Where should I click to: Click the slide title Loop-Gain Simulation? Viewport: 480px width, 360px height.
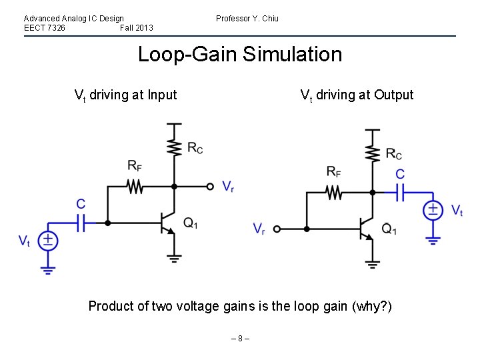coord(239,54)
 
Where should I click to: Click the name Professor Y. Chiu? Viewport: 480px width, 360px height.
coord(247,19)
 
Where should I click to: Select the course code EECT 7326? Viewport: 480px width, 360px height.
coord(45,28)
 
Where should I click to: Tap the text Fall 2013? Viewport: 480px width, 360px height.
coord(137,28)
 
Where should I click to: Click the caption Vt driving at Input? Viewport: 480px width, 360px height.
coord(125,95)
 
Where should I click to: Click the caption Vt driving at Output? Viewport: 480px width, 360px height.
coord(357,95)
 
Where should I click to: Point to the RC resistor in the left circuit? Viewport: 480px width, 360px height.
coord(174,147)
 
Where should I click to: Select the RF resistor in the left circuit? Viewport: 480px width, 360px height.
coord(135,186)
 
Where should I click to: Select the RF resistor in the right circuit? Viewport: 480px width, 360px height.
coord(334,193)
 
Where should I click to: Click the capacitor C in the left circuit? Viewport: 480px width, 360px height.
coord(81,222)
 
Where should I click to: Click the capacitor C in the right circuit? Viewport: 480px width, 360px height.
coord(400,193)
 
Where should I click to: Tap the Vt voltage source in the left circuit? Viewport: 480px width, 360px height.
coord(47,241)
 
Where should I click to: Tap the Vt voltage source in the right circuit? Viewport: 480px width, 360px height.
coord(433,211)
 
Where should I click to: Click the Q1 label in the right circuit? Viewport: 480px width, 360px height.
coord(389,229)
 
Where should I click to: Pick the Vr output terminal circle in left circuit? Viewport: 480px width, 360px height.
coord(210,187)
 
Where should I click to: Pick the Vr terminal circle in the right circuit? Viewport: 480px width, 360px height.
coord(277,229)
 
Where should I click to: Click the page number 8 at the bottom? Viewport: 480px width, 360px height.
coord(240,339)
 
